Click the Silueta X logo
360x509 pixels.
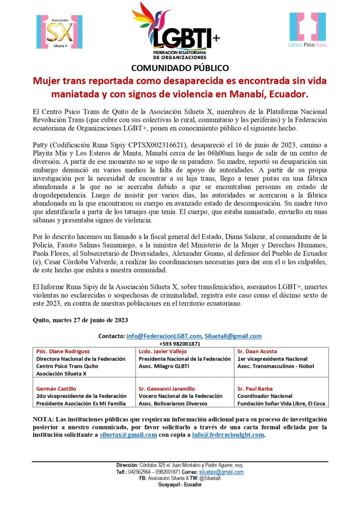[59, 32]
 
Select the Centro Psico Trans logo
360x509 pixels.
[308, 31]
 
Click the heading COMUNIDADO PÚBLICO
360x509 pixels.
[180, 68]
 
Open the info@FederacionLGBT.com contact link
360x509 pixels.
[164, 336]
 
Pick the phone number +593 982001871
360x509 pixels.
[180, 343]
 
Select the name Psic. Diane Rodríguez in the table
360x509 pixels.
[63, 351]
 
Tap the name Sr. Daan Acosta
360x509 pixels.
[257, 351]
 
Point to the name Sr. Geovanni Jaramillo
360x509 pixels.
[167, 389]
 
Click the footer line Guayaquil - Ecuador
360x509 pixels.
[180, 484]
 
